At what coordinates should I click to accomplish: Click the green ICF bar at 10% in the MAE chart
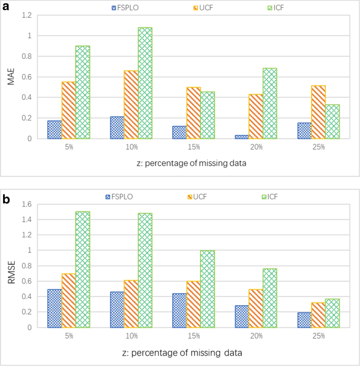(x=145, y=83)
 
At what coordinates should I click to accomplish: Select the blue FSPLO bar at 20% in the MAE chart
(x=242, y=137)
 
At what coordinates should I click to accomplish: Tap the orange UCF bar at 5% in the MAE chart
(x=68, y=110)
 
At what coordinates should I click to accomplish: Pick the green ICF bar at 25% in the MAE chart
(x=332, y=121)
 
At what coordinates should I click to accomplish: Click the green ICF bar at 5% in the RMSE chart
(x=83, y=269)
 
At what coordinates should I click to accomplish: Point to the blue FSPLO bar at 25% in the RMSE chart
(x=304, y=320)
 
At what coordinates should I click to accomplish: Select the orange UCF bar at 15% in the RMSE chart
(x=193, y=304)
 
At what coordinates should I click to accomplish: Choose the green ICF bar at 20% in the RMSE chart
(x=270, y=298)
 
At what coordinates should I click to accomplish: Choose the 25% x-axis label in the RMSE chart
(x=318, y=336)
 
